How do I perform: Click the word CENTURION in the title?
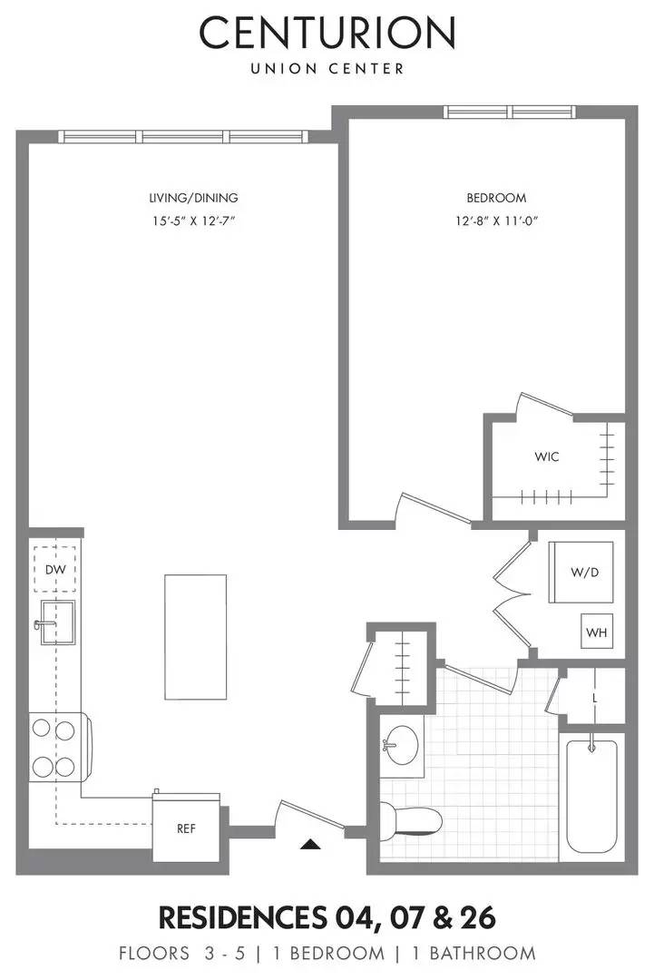pyautogui.click(x=327, y=34)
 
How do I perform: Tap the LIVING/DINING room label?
pyautogui.click(x=199, y=198)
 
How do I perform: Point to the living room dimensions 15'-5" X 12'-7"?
pyautogui.click(x=199, y=220)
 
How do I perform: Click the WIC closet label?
pyautogui.click(x=546, y=456)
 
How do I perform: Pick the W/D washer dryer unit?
pyautogui.click(x=581, y=572)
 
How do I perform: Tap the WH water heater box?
pyautogui.click(x=596, y=632)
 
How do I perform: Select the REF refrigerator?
pyautogui.click(x=186, y=828)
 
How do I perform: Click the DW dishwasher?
pyautogui.click(x=54, y=569)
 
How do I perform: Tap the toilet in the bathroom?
pyautogui.click(x=413, y=821)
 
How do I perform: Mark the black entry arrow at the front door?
pyautogui.click(x=311, y=844)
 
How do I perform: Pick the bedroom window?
pyautogui.click(x=509, y=113)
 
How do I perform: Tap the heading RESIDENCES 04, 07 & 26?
pyautogui.click(x=327, y=917)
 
